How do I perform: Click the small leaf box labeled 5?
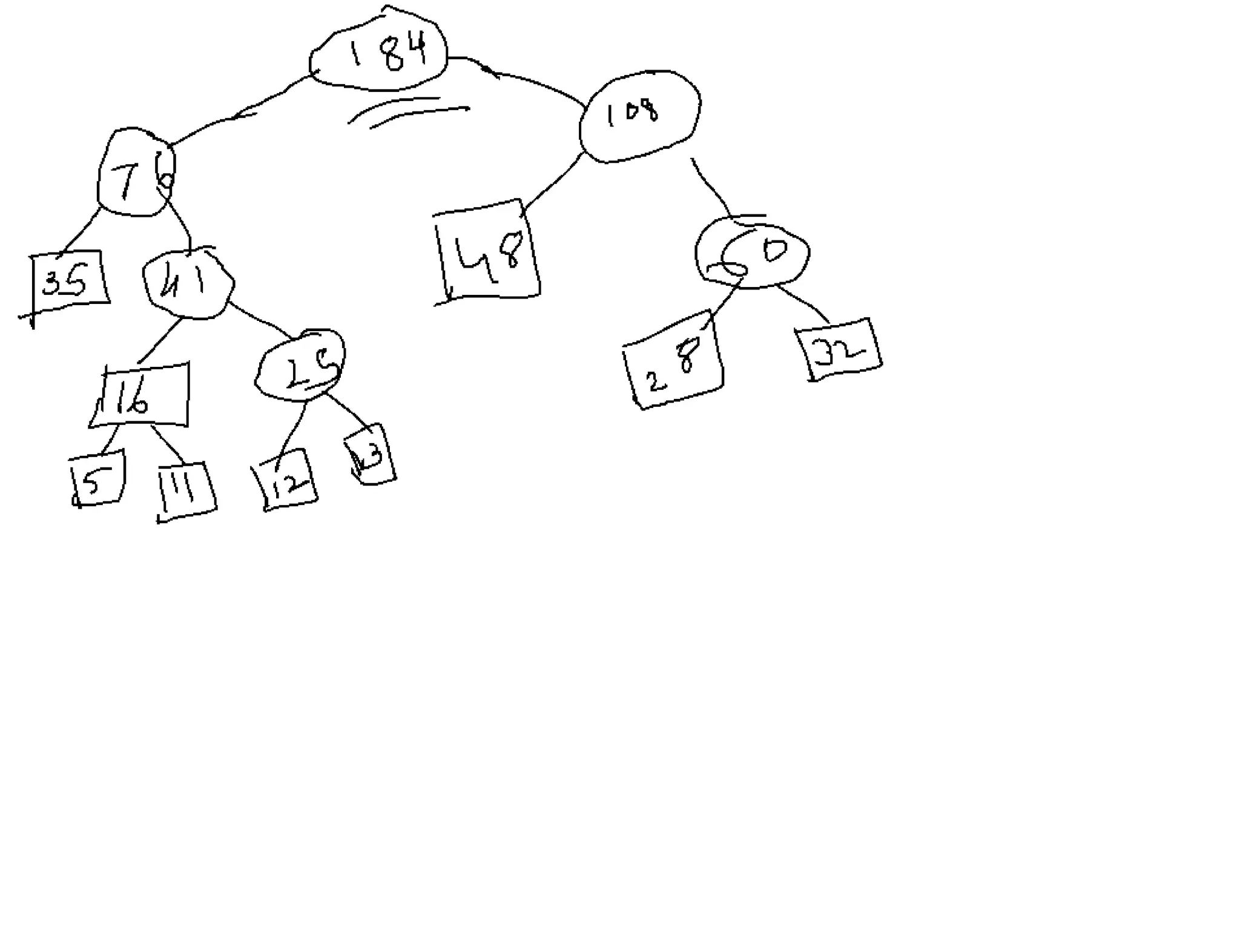coord(97,480)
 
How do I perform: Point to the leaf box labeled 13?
coord(371,454)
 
